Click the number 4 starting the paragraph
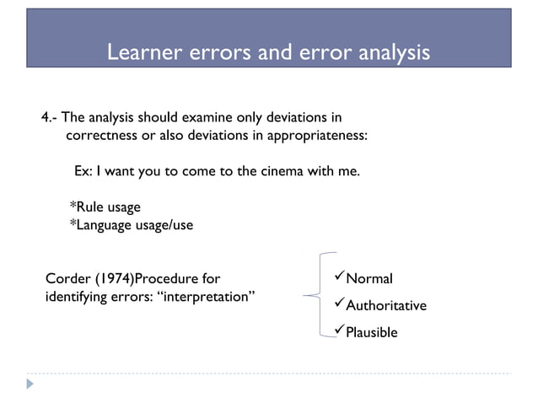click(x=46, y=116)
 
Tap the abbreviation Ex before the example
click(x=83, y=171)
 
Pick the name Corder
click(x=66, y=279)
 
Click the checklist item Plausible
click(x=372, y=332)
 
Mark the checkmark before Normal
click(x=340, y=278)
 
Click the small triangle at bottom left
click(x=30, y=384)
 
